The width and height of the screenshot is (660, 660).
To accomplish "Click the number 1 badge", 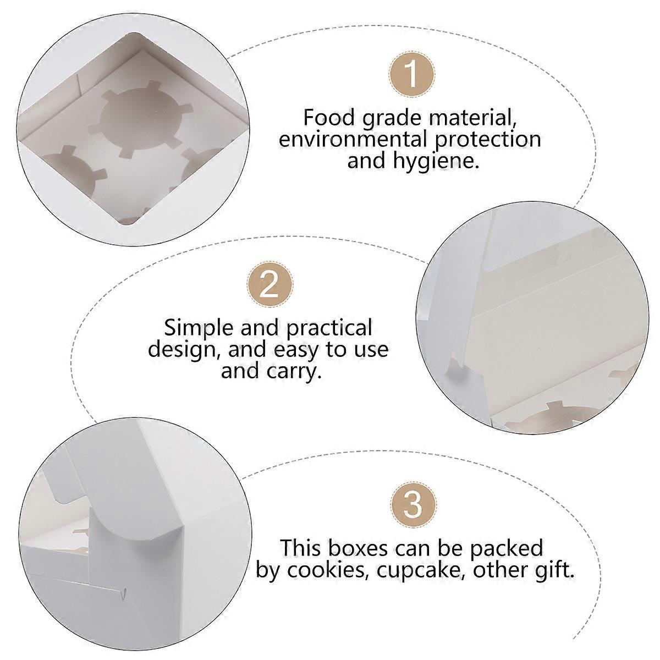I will (x=412, y=74).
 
